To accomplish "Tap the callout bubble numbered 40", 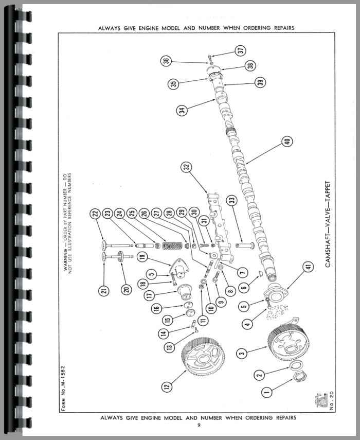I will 285,140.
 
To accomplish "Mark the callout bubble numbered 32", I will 185,167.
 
